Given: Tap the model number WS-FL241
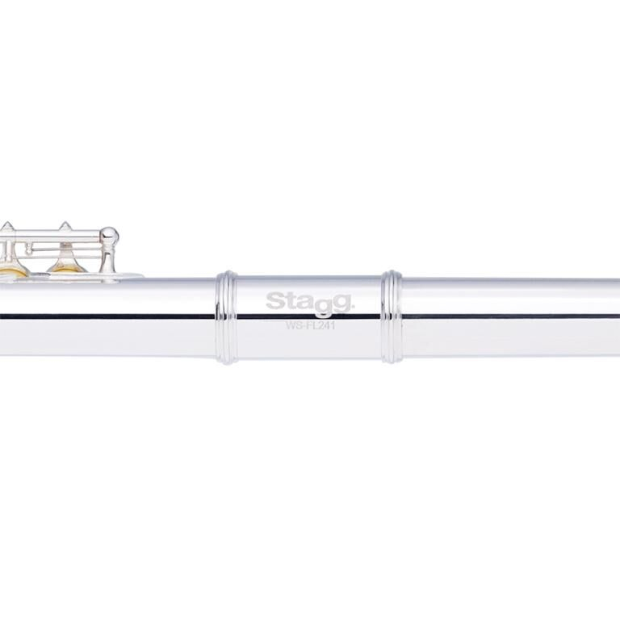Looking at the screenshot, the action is click(310, 325).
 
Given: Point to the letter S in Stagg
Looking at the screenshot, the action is click(275, 301).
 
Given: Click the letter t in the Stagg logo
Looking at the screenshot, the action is click(291, 302).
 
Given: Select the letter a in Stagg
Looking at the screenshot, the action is click(306, 304).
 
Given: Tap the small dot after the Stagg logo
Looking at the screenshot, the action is click(354, 308).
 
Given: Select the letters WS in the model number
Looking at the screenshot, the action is click(293, 325).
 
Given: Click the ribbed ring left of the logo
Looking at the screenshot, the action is click(227, 317).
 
